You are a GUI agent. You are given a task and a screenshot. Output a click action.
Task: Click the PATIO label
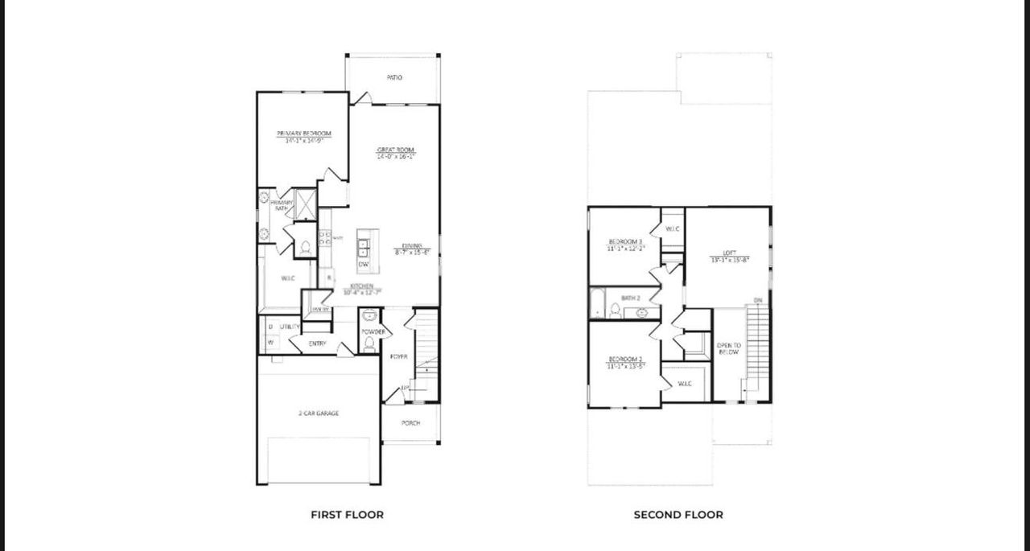[x=393, y=78]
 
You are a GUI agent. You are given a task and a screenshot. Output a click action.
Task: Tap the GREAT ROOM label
[x=396, y=150]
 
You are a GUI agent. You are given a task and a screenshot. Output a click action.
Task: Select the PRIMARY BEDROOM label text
[x=303, y=134]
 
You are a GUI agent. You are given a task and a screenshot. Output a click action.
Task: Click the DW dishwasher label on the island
[x=364, y=264]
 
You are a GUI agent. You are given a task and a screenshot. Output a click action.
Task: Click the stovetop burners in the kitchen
[x=325, y=238]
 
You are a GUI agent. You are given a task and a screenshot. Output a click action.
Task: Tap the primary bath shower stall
[x=306, y=204]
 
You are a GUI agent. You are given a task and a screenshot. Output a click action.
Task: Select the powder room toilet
[x=369, y=344]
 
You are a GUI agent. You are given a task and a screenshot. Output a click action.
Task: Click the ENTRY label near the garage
[x=317, y=344]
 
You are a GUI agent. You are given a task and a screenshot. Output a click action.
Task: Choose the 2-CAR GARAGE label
[x=318, y=413]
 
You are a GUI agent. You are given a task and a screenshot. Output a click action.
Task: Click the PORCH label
[x=410, y=423]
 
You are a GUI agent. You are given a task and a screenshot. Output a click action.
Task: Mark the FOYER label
[x=398, y=356]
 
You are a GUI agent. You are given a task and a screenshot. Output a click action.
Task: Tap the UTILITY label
[x=290, y=327]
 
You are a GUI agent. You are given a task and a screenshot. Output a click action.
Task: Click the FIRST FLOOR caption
[x=347, y=515]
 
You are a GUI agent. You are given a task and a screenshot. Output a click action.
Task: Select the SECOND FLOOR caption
[x=678, y=515]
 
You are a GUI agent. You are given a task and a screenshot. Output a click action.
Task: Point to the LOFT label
[x=729, y=253]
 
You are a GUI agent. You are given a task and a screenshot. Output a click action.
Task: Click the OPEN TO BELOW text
[x=728, y=348]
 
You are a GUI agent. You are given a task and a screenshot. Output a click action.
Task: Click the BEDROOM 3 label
[x=624, y=242]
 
